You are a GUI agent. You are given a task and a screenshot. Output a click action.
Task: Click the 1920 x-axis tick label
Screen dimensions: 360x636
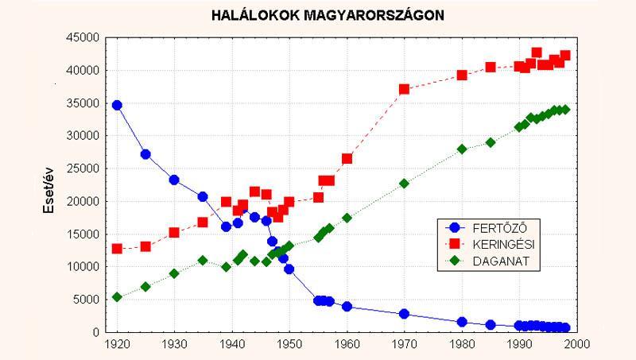point(117,346)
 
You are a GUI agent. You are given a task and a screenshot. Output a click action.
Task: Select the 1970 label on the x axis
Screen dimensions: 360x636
point(404,346)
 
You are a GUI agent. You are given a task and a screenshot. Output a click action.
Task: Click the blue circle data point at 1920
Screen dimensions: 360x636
point(117,105)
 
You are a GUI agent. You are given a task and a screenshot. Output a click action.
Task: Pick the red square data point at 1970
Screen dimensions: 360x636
point(404,89)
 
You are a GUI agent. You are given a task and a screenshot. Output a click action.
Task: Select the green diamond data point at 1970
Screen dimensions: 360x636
point(404,184)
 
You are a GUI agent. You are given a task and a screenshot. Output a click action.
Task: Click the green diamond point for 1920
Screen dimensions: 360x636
point(117,297)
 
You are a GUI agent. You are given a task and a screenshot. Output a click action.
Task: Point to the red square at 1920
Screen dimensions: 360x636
point(117,249)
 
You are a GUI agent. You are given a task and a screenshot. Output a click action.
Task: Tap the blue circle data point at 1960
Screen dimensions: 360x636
point(347,306)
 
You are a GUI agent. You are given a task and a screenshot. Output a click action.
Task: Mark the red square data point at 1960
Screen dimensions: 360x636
point(347,159)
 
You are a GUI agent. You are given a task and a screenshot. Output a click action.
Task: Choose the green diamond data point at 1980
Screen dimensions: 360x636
point(461,149)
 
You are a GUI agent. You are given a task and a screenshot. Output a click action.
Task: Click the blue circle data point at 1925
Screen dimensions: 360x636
point(145,154)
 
